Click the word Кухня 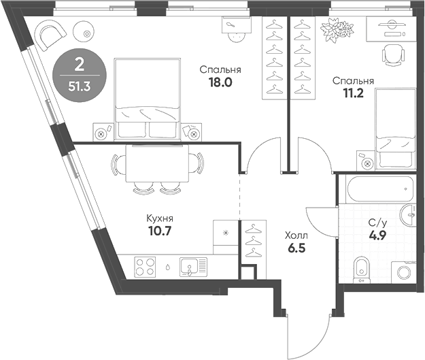(x=160, y=218)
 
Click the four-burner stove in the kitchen (x=145, y=265)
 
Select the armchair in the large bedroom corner (x=48, y=34)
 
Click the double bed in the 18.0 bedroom (x=150, y=99)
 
